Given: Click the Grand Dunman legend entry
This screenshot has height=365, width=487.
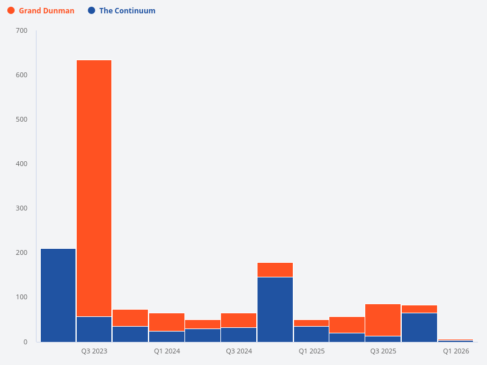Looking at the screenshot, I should (46, 10).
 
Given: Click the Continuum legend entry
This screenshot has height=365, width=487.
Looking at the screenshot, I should (127, 10).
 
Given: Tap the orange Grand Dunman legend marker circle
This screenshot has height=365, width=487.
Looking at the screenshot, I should (11, 10).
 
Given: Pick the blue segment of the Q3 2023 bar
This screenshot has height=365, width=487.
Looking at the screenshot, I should (94, 329).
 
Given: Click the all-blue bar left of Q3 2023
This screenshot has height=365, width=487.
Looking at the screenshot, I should (58, 295).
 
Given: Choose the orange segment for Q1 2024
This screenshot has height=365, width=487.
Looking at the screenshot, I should (166, 322).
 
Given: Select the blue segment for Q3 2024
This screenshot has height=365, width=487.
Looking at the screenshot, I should (239, 335).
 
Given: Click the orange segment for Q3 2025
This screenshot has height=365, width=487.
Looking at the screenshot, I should (383, 319).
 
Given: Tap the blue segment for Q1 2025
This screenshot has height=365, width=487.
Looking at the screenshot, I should (311, 334).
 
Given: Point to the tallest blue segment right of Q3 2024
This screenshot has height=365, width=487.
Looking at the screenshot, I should (275, 309).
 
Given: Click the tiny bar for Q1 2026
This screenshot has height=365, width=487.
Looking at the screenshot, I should (455, 341).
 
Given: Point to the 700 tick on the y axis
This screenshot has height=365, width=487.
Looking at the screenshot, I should (21, 30).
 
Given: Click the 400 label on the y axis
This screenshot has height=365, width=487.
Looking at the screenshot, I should (21, 164).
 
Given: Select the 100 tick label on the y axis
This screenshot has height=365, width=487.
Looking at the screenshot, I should (21, 297).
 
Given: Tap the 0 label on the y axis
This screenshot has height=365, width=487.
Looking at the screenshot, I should (26, 342).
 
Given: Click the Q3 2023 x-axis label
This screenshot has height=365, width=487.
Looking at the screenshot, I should (94, 352).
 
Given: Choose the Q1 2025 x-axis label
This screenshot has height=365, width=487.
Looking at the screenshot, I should (311, 352).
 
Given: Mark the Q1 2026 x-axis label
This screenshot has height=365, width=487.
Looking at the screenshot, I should (456, 352).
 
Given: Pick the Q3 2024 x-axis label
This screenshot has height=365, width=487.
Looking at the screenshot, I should (239, 352).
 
